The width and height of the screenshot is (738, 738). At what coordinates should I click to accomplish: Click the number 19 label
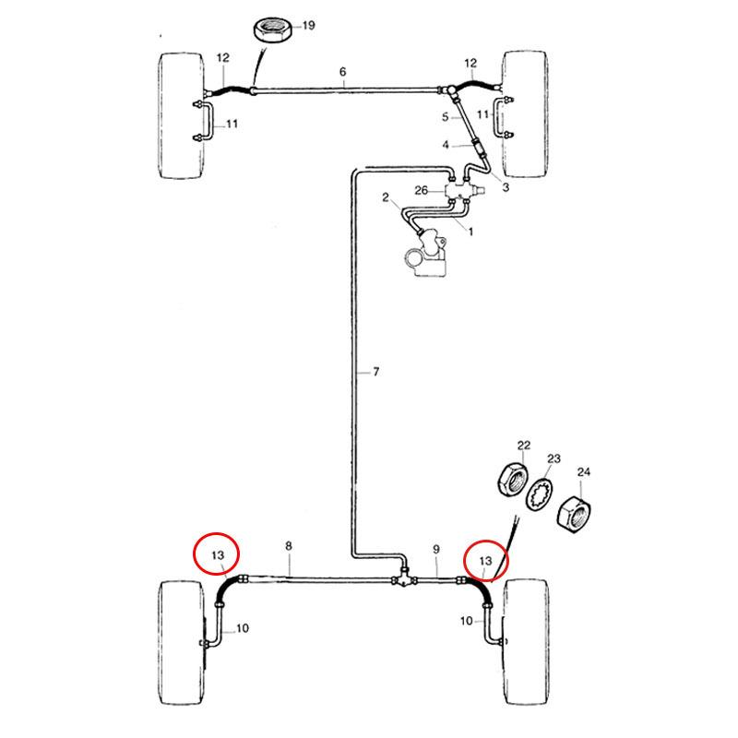(x=309, y=25)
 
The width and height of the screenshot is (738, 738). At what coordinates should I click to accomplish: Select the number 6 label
(x=342, y=72)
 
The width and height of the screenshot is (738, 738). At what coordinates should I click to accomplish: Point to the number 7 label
(x=375, y=372)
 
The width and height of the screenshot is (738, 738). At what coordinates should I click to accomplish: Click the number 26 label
(x=421, y=190)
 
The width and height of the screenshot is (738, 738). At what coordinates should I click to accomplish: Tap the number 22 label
(x=524, y=445)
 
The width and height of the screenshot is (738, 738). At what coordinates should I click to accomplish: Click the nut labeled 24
(x=574, y=515)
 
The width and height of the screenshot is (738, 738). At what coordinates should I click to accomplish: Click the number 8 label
(x=289, y=545)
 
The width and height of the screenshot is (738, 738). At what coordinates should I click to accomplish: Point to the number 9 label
(x=435, y=549)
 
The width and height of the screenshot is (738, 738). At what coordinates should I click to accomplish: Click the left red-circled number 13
(x=218, y=555)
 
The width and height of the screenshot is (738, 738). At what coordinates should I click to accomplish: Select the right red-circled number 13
(x=485, y=561)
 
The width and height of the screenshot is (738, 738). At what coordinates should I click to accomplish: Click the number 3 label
(x=506, y=187)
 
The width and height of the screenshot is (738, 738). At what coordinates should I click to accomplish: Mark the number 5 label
(x=446, y=116)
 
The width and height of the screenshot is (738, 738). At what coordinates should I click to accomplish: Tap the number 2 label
(x=386, y=197)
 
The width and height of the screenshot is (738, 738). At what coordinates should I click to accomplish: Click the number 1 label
(x=470, y=232)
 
